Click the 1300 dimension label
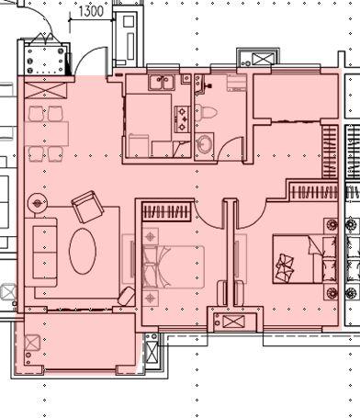pos(91,11)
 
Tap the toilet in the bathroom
pos(206,113)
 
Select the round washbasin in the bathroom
pos(205,144)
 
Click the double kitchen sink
pos(162,83)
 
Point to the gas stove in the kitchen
pos(183,119)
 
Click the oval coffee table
pos(83,251)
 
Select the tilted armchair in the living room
pos(87,207)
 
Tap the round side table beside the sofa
pos(38,203)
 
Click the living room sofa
pos(40,252)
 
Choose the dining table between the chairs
pos(46,134)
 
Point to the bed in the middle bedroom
pos(174,266)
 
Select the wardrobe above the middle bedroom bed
pos(167,211)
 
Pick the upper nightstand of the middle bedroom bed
pos(151,236)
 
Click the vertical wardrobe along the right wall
pos(330,152)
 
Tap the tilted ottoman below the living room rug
pos(126,296)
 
